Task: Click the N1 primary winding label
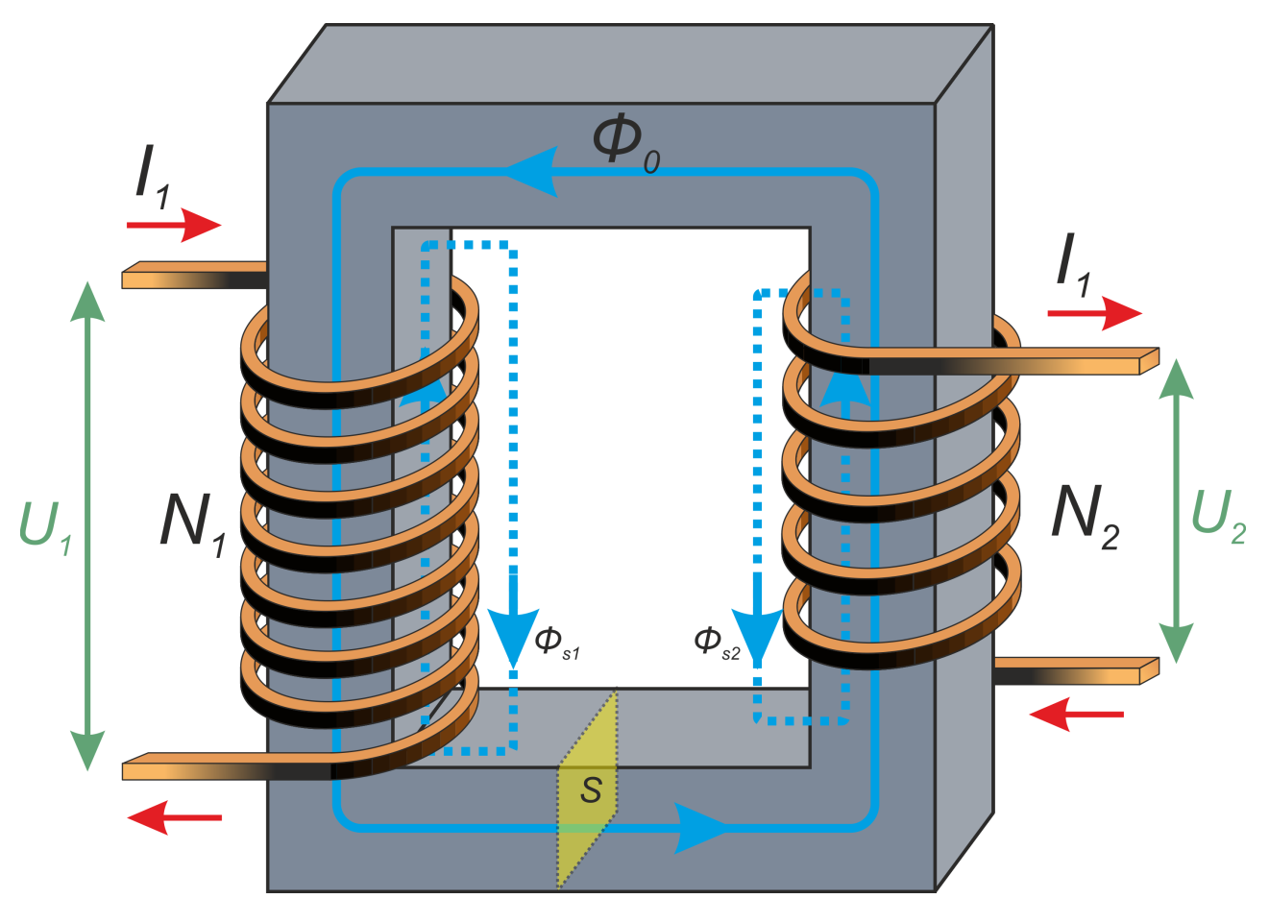192,523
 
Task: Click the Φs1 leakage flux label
556,643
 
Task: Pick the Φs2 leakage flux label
717,643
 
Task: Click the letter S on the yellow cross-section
591,790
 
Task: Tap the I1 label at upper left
152,177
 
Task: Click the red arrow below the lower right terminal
1076,715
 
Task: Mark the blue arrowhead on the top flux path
533,172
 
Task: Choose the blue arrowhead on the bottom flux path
701,827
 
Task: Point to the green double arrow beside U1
87,526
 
